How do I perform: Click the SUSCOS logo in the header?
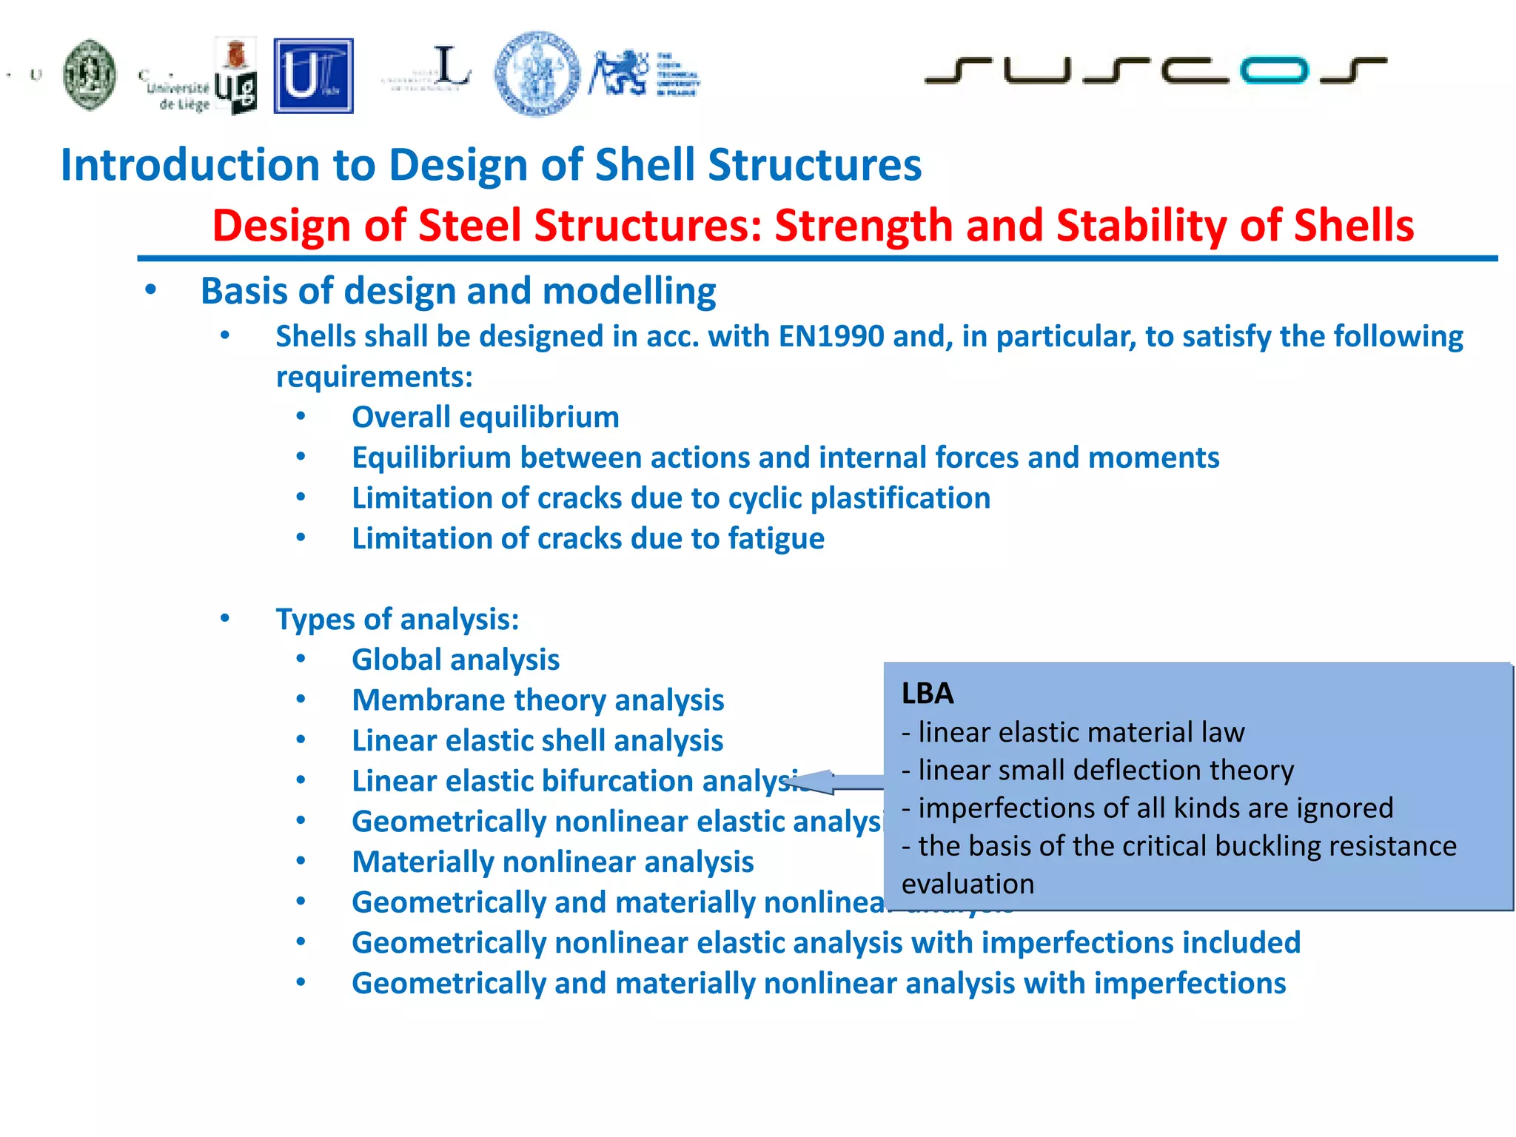[1155, 70]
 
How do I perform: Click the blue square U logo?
[313, 76]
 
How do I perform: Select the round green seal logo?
[90, 75]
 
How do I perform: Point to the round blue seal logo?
[537, 73]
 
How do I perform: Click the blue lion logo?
[618, 73]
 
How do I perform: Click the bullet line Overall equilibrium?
[485, 417]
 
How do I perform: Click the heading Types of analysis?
[398, 620]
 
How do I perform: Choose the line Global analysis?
[455, 660]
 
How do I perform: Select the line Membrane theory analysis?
[537, 700]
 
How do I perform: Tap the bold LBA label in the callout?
[928, 694]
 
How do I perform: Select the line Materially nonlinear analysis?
[552, 862]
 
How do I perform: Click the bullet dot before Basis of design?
[151, 290]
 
